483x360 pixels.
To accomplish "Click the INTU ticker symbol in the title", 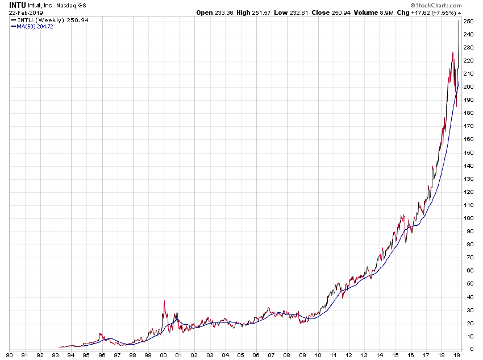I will coord(18,5).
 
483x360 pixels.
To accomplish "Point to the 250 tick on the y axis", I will coord(469,21).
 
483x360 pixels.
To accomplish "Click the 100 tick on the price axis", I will coord(469,218).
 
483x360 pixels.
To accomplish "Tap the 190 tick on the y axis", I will coord(469,100).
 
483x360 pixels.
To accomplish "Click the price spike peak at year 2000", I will coord(164,300).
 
